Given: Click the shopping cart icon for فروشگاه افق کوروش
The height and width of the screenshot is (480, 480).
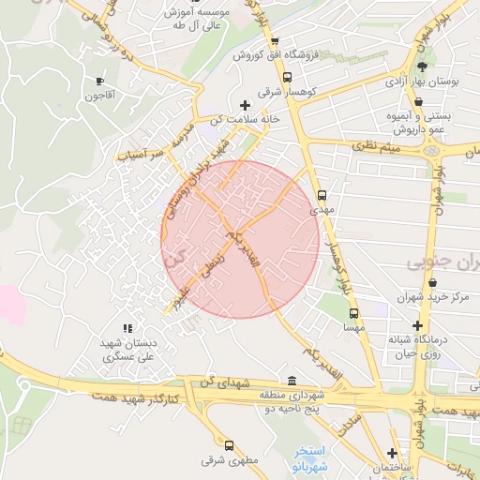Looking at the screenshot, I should [x=274, y=40].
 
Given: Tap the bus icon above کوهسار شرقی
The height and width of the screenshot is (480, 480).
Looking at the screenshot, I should [x=288, y=78].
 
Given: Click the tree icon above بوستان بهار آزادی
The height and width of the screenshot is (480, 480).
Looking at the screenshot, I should [x=422, y=67].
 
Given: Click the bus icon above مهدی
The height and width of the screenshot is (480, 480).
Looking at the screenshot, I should [x=322, y=196].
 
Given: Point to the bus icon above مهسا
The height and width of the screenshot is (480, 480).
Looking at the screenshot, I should [x=353, y=314].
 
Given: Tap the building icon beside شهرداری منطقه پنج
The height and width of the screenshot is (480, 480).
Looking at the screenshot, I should [x=292, y=382].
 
